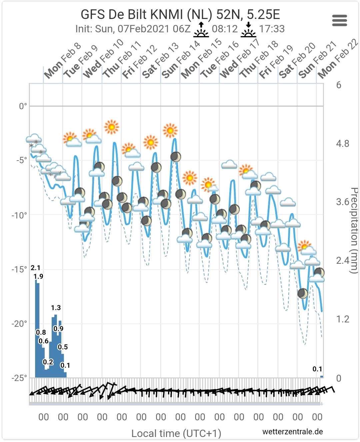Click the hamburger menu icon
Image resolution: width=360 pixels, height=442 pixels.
[x=339, y=20]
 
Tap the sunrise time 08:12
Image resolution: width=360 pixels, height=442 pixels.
[x=225, y=29]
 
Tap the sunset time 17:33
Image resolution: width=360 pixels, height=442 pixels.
[x=272, y=29]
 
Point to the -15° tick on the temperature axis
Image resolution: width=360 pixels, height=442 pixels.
[x=19, y=269]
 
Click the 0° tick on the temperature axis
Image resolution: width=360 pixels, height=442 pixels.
[x=23, y=106]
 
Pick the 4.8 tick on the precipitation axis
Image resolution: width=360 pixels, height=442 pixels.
[x=343, y=144]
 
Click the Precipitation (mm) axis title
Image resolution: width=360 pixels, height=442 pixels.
[x=354, y=230]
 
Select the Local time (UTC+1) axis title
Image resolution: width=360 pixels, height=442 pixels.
[x=176, y=433]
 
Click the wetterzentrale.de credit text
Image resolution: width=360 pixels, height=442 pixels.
[x=293, y=432]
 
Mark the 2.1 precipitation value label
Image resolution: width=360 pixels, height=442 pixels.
[x=36, y=268]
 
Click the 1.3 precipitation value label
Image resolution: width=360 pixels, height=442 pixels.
[x=56, y=307]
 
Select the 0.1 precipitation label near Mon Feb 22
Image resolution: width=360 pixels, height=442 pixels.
[x=317, y=369]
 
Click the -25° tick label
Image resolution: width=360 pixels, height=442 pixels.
[x=19, y=378]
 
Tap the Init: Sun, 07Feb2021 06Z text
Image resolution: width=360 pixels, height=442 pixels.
[x=133, y=29]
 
